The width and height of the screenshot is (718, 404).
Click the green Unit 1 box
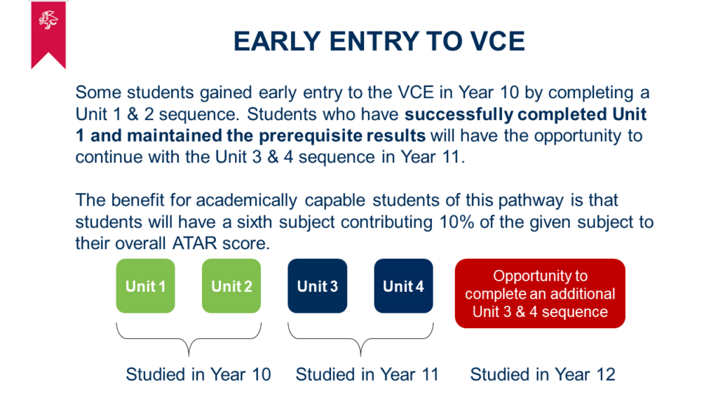[146, 286]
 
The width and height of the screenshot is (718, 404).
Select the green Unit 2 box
[231, 286]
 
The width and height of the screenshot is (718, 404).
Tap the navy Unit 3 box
[318, 286]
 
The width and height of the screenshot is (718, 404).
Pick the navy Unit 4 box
[403, 286]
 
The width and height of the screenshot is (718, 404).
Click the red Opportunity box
[540, 293]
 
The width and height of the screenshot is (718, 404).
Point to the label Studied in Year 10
[198, 375]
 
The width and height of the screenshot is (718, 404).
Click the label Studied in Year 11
[367, 375]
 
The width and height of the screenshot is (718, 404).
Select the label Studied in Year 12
[543, 375]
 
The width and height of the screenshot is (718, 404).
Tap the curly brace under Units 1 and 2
[189, 339]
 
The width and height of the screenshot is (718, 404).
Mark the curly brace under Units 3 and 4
[360, 339]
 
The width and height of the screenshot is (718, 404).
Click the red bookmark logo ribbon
[48, 34]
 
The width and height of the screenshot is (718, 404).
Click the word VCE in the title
[498, 41]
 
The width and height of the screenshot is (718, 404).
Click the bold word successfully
[459, 114]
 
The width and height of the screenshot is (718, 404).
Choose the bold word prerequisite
[342, 136]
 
